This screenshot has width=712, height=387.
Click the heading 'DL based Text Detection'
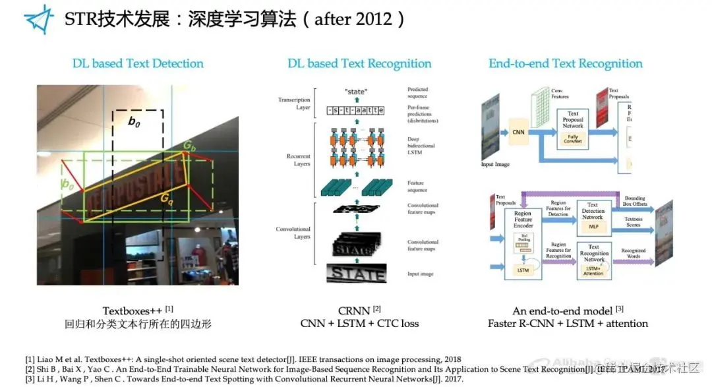point(138,63)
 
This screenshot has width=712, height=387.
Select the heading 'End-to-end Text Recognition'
point(565,63)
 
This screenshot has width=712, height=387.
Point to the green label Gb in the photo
point(189,144)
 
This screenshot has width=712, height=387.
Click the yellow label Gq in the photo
point(166,197)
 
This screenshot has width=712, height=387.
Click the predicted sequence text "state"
point(355,91)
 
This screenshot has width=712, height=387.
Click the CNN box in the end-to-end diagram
point(519,132)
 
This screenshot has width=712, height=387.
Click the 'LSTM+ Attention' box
point(593,270)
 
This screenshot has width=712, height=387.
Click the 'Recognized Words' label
point(633,253)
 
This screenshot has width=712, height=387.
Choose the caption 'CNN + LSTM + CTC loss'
point(359,323)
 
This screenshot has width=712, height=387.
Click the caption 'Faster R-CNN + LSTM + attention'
point(568,323)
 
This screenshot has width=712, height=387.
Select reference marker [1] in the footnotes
point(30,359)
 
